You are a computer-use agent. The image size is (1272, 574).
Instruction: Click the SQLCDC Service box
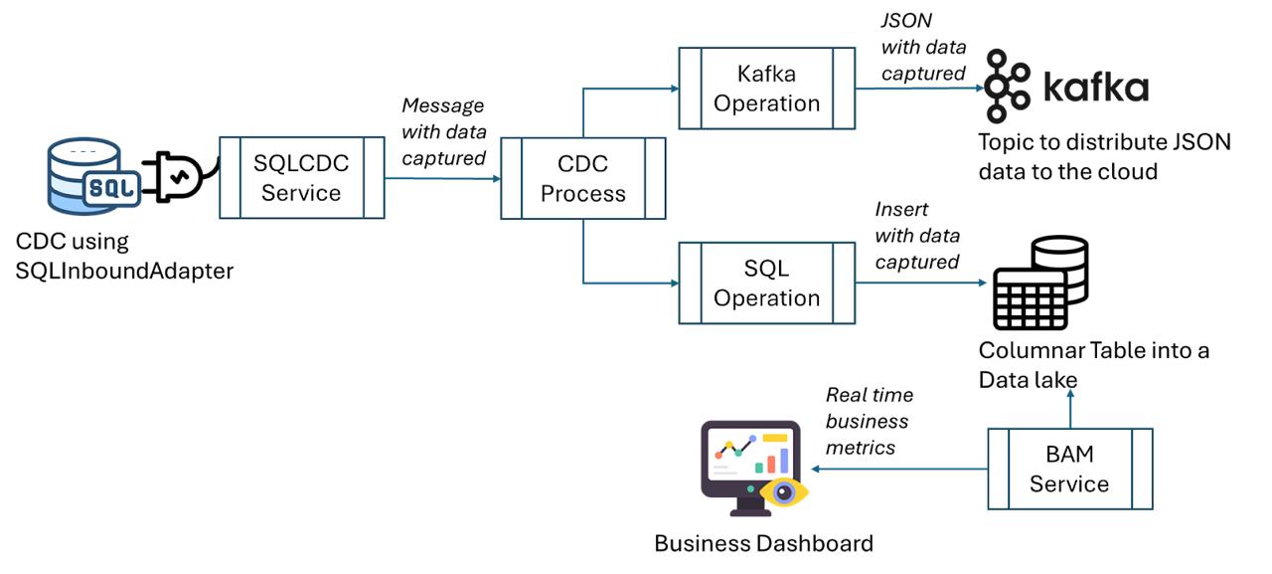pyautogui.click(x=301, y=178)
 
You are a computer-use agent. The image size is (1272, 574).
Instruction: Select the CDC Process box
pyautogui.click(x=582, y=178)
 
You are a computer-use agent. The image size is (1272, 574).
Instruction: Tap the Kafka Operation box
pyautogui.click(x=766, y=88)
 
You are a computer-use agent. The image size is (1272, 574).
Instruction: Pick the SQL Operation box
pyautogui.click(x=766, y=283)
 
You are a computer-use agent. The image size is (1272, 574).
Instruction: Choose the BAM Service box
pyautogui.click(x=1069, y=469)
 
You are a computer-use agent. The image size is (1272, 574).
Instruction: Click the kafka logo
pyautogui.click(x=1065, y=88)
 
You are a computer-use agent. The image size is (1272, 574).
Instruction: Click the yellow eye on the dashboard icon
pyautogui.click(x=782, y=491)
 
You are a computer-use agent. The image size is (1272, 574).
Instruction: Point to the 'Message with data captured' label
pyautogui.click(x=443, y=131)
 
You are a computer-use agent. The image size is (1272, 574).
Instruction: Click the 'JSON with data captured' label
pyautogui.click(x=923, y=47)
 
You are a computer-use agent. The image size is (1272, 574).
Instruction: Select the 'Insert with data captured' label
pyautogui.click(x=917, y=235)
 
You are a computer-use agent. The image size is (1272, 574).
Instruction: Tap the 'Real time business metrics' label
pyautogui.click(x=869, y=421)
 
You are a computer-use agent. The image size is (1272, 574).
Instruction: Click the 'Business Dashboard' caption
pyautogui.click(x=763, y=543)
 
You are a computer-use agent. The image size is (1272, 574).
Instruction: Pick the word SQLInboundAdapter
pyautogui.click(x=124, y=270)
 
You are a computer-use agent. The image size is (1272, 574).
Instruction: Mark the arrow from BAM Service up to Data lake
pyautogui.click(x=1069, y=408)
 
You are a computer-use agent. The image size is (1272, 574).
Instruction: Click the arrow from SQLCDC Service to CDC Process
pyautogui.click(x=442, y=179)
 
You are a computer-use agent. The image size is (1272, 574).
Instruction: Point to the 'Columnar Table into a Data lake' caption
pyautogui.click(x=1093, y=365)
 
